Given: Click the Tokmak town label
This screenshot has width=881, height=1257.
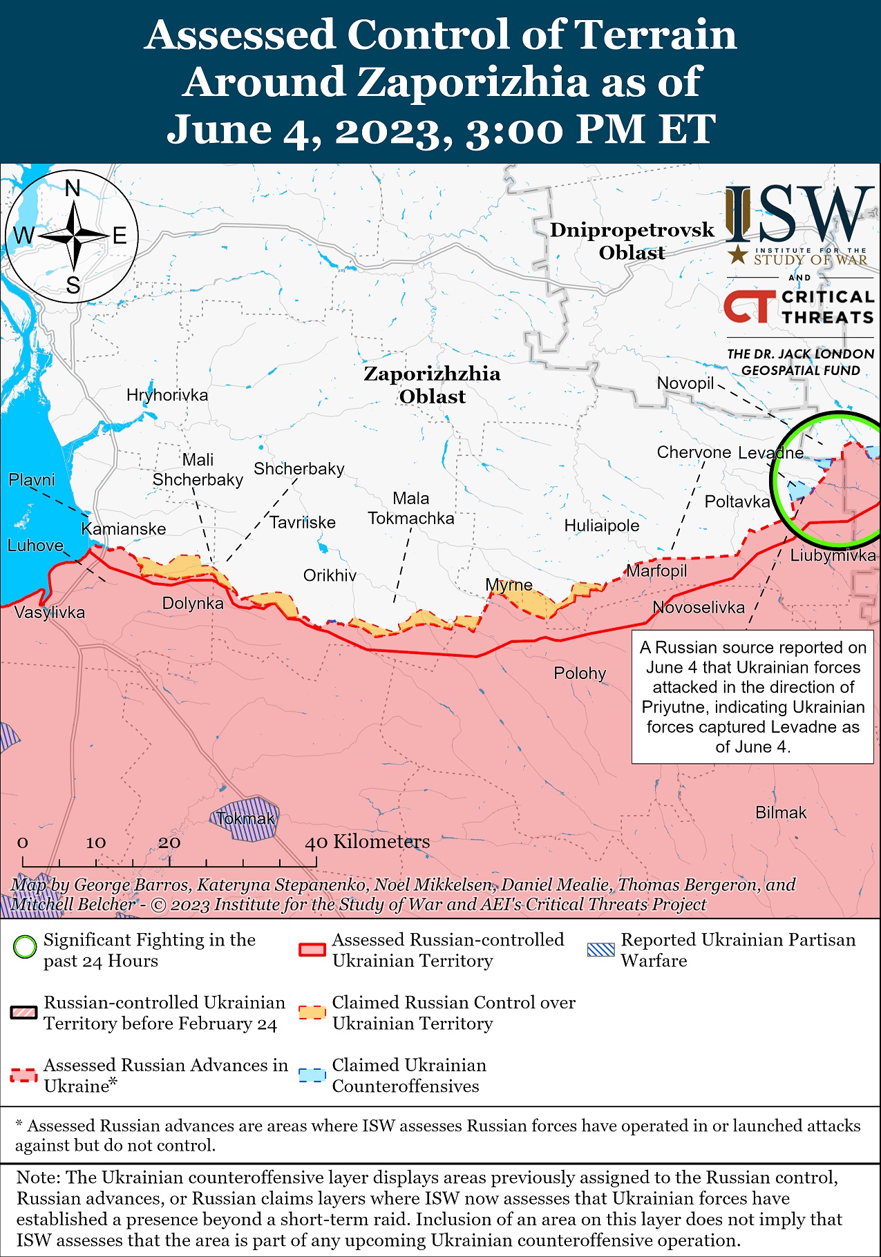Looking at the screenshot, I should (x=245, y=819).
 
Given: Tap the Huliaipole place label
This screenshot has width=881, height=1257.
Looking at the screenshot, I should (x=601, y=526).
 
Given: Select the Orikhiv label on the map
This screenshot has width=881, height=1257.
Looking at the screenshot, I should (x=330, y=575).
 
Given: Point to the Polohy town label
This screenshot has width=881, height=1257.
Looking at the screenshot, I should (x=580, y=673).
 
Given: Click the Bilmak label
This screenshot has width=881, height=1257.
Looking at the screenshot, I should (x=781, y=813).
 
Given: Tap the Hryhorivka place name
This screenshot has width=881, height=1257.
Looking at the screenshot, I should (x=167, y=395).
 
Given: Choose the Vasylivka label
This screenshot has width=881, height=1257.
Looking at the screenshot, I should (x=50, y=613).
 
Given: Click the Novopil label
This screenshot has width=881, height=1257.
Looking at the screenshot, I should (x=685, y=383).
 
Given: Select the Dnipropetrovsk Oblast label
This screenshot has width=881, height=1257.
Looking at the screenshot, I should (x=632, y=241).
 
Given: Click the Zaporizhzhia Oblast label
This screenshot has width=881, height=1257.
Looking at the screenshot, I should (x=432, y=385).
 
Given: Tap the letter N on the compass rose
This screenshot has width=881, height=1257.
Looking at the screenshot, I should (x=73, y=189).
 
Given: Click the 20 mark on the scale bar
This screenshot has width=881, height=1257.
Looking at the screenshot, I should (x=169, y=843).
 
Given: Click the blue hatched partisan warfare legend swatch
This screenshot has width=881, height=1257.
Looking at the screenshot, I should (x=600, y=949).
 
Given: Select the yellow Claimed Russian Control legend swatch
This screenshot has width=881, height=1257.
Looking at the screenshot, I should (x=312, y=1013).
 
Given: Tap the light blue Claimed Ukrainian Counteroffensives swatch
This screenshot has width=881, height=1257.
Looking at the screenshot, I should (x=312, y=1075).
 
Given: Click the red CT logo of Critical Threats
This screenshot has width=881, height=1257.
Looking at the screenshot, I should (x=749, y=307).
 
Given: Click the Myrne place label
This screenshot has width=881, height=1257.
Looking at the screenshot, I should (x=509, y=585).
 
